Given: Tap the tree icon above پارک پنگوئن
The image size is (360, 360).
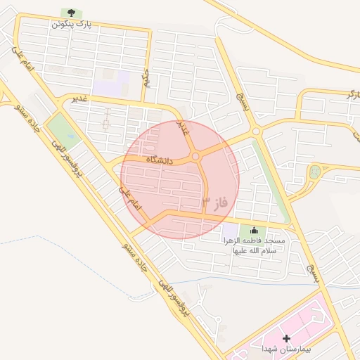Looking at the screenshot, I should click(x=70, y=13).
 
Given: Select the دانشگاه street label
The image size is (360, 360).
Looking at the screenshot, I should click(x=160, y=160).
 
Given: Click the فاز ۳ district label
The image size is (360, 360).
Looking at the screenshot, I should click(x=216, y=202).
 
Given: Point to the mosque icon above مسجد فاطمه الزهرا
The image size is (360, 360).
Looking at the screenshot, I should click(x=254, y=230).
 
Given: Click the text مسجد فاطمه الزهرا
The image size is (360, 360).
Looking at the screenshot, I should click(x=255, y=240).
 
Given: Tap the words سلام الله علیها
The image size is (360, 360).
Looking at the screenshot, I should click(x=252, y=250).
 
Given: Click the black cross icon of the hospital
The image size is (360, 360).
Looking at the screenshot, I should click(x=286, y=338).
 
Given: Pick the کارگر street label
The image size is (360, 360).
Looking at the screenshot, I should click(x=352, y=93).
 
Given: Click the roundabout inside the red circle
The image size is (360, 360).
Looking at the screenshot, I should click(x=196, y=156).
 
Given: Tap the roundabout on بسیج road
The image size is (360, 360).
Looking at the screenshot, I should click(x=256, y=131).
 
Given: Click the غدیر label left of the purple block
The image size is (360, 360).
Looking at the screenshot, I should click(x=79, y=98).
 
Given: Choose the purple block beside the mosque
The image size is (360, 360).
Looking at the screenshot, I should click(x=231, y=231).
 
